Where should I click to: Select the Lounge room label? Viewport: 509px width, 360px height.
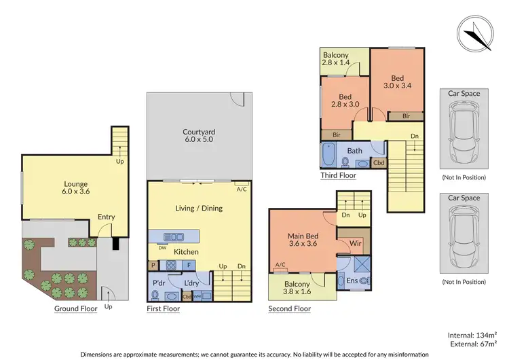(x=56, y=186)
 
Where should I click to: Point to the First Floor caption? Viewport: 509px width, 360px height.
(x=164, y=308)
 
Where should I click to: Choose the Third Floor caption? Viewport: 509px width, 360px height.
(x=338, y=175)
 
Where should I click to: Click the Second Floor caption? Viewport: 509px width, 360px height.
(x=289, y=308)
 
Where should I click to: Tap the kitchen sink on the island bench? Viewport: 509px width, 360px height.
(x=174, y=236)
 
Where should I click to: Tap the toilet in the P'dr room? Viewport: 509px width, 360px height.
(x=156, y=295)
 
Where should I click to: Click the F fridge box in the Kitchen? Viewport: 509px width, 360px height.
(x=189, y=265)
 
